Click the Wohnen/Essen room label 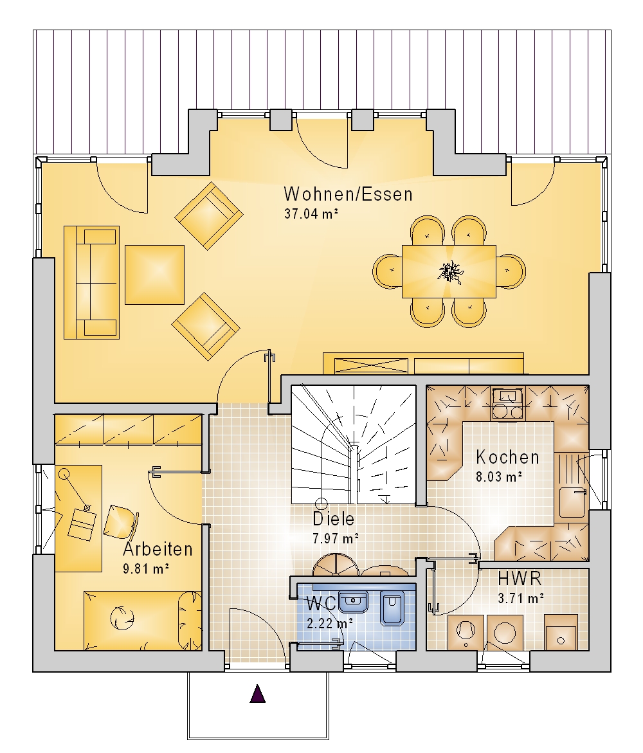click(x=348, y=194)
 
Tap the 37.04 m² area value click(x=311, y=213)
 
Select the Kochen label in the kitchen click(x=507, y=458)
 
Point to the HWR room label click(x=520, y=579)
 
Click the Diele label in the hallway click(x=333, y=519)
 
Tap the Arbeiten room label click(x=158, y=549)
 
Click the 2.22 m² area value click(x=331, y=623)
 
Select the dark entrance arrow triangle click(x=258, y=694)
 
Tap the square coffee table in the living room click(x=154, y=275)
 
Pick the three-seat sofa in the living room click(x=92, y=282)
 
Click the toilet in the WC click(x=392, y=608)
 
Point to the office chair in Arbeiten click(x=120, y=522)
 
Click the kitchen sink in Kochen click(x=572, y=502)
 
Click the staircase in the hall click(x=354, y=444)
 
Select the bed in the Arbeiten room click(x=143, y=621)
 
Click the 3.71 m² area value click(x=521, y=599)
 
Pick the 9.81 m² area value click(x=146, y=569)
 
